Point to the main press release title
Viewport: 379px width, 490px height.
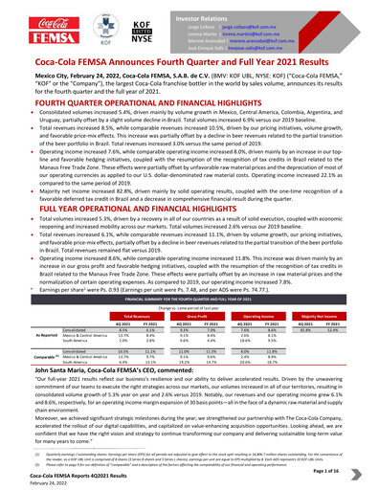tap(189, 64)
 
